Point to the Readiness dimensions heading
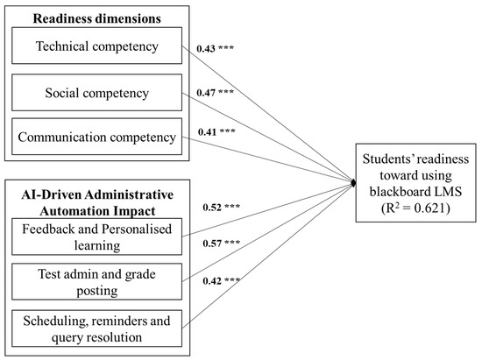tap(89, 17)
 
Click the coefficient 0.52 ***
tap(219, 208)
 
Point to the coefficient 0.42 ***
tap(219, 281)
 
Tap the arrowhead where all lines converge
tap(353, 181)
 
